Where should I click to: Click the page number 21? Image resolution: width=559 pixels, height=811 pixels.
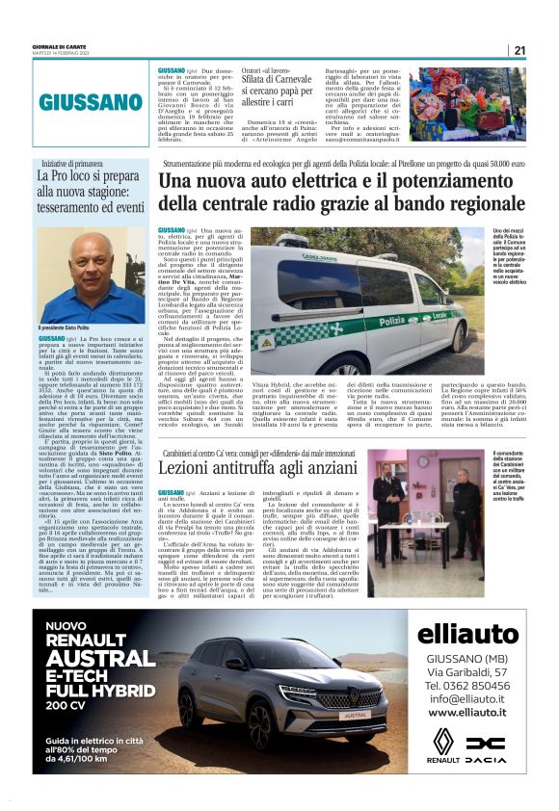click(x=519, y=50)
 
